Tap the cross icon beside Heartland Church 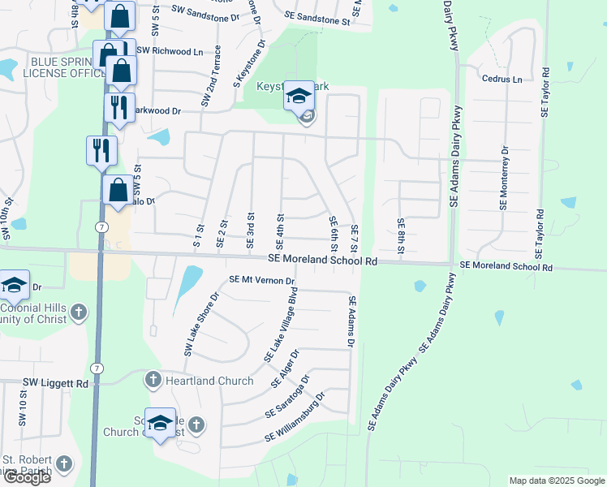point(154,380)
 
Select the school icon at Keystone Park point(298,97)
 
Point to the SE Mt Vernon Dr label point(261,280)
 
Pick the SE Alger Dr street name point(289,366)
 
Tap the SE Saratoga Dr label point(287,396)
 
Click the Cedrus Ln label point(502,80)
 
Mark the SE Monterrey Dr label point(504,178)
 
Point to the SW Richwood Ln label point(170,51)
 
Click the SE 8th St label point(400,235)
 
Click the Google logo point(27,477)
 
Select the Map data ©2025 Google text point(556,481)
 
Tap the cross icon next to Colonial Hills point(78,312)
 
